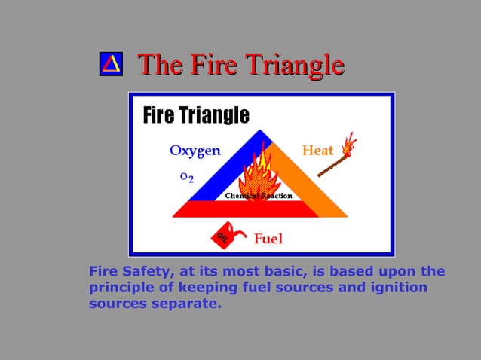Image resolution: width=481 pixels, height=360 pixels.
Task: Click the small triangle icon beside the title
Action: tap(111, 64)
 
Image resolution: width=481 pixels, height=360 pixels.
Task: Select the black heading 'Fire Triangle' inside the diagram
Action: tap(196, 115)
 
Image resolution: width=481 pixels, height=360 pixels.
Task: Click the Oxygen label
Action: tap(195, 151)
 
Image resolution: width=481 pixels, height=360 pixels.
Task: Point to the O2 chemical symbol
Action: tap(186, 177)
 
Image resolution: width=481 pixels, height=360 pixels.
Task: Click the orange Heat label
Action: tap(317, 151)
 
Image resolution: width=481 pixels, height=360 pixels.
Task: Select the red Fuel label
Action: tap(268, 239)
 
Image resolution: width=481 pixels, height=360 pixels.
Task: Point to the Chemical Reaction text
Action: tap(259, 196)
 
